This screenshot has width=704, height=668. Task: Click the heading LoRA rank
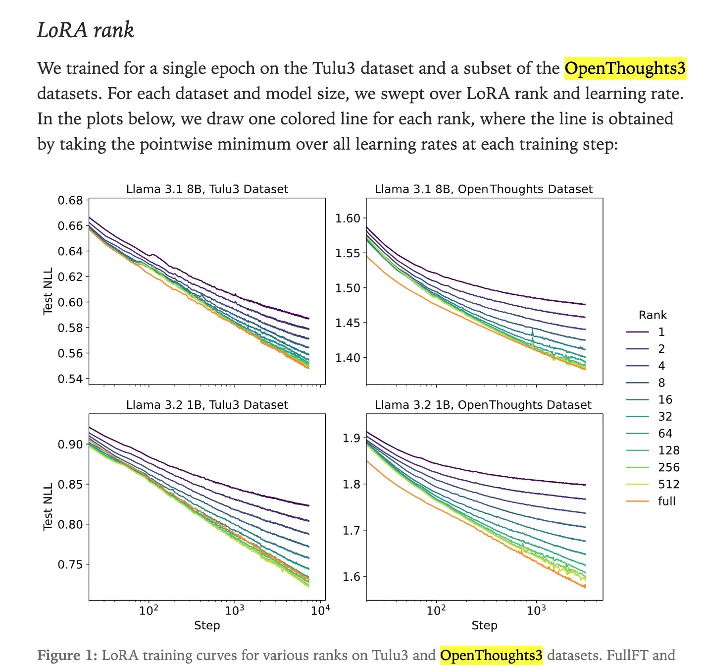point(85,30)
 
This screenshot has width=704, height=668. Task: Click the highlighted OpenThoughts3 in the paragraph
point(625,68)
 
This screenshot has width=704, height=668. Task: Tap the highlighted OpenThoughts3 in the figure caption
point(491,655)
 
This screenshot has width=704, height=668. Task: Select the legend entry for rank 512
point(668,484)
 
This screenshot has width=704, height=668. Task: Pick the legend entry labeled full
point(666,501)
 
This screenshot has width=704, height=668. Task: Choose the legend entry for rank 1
point(661,332)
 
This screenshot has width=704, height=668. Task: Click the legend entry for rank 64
point(665,434)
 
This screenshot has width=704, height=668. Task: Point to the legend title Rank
point(653,315)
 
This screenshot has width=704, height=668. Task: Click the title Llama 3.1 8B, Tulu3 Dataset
point(207,189)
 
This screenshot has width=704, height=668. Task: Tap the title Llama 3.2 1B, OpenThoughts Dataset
point(483,405)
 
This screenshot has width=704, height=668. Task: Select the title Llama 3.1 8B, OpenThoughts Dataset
point(483,189)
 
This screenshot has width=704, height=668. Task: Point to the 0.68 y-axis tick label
point(70,200)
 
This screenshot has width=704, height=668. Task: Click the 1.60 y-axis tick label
point(348,219)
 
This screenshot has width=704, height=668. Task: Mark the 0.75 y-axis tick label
point(70,564)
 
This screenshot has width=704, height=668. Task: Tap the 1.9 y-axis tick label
point(351,438)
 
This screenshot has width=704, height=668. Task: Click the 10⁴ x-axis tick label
point(320,610)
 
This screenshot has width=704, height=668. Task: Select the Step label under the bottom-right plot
point(484,625)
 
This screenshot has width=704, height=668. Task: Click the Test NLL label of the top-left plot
point(48,291)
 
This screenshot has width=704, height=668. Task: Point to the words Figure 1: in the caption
point(67,655)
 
